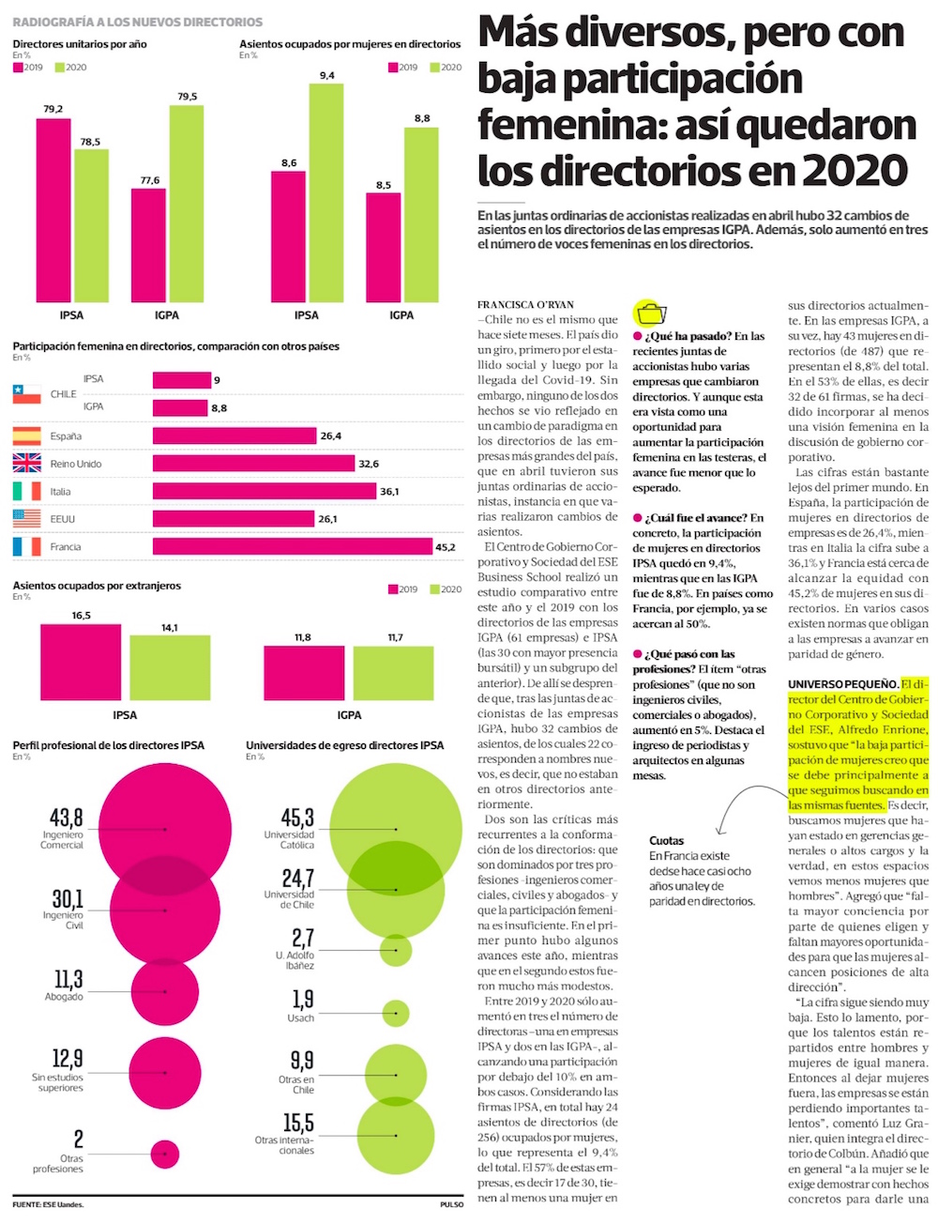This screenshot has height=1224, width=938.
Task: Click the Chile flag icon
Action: [x=27, y=394]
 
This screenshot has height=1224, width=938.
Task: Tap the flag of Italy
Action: [x=27, y=491]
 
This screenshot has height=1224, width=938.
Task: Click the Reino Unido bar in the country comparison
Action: [x=252, y=464]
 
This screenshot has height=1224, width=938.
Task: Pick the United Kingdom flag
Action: [x=27, y=463]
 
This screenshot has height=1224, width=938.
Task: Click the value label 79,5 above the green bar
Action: [x=187, y=97]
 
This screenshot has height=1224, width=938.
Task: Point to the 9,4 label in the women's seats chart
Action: [x=326, y=75]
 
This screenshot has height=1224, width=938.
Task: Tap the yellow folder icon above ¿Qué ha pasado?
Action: [x=650, y=313]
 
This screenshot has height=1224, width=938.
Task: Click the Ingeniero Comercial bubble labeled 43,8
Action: [x=165, y=829]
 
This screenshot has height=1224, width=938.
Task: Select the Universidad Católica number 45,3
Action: [x=297, y=818]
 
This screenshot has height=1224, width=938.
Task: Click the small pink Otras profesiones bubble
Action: [x=165, y=1154]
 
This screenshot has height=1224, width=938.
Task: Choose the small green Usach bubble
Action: [x=396, y=1013]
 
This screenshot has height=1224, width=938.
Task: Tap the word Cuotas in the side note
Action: [x=667, y=841]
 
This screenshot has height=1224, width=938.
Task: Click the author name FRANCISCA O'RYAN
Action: [x=525, y=305]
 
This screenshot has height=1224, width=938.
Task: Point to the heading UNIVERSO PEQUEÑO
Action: [x=842, y=684]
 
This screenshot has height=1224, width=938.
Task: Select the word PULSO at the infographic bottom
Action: [x=451, y=1205]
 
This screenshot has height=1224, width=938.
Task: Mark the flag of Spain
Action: [x=27, y=436]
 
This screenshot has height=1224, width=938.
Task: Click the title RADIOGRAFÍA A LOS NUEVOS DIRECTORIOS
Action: [x=137, y=22]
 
